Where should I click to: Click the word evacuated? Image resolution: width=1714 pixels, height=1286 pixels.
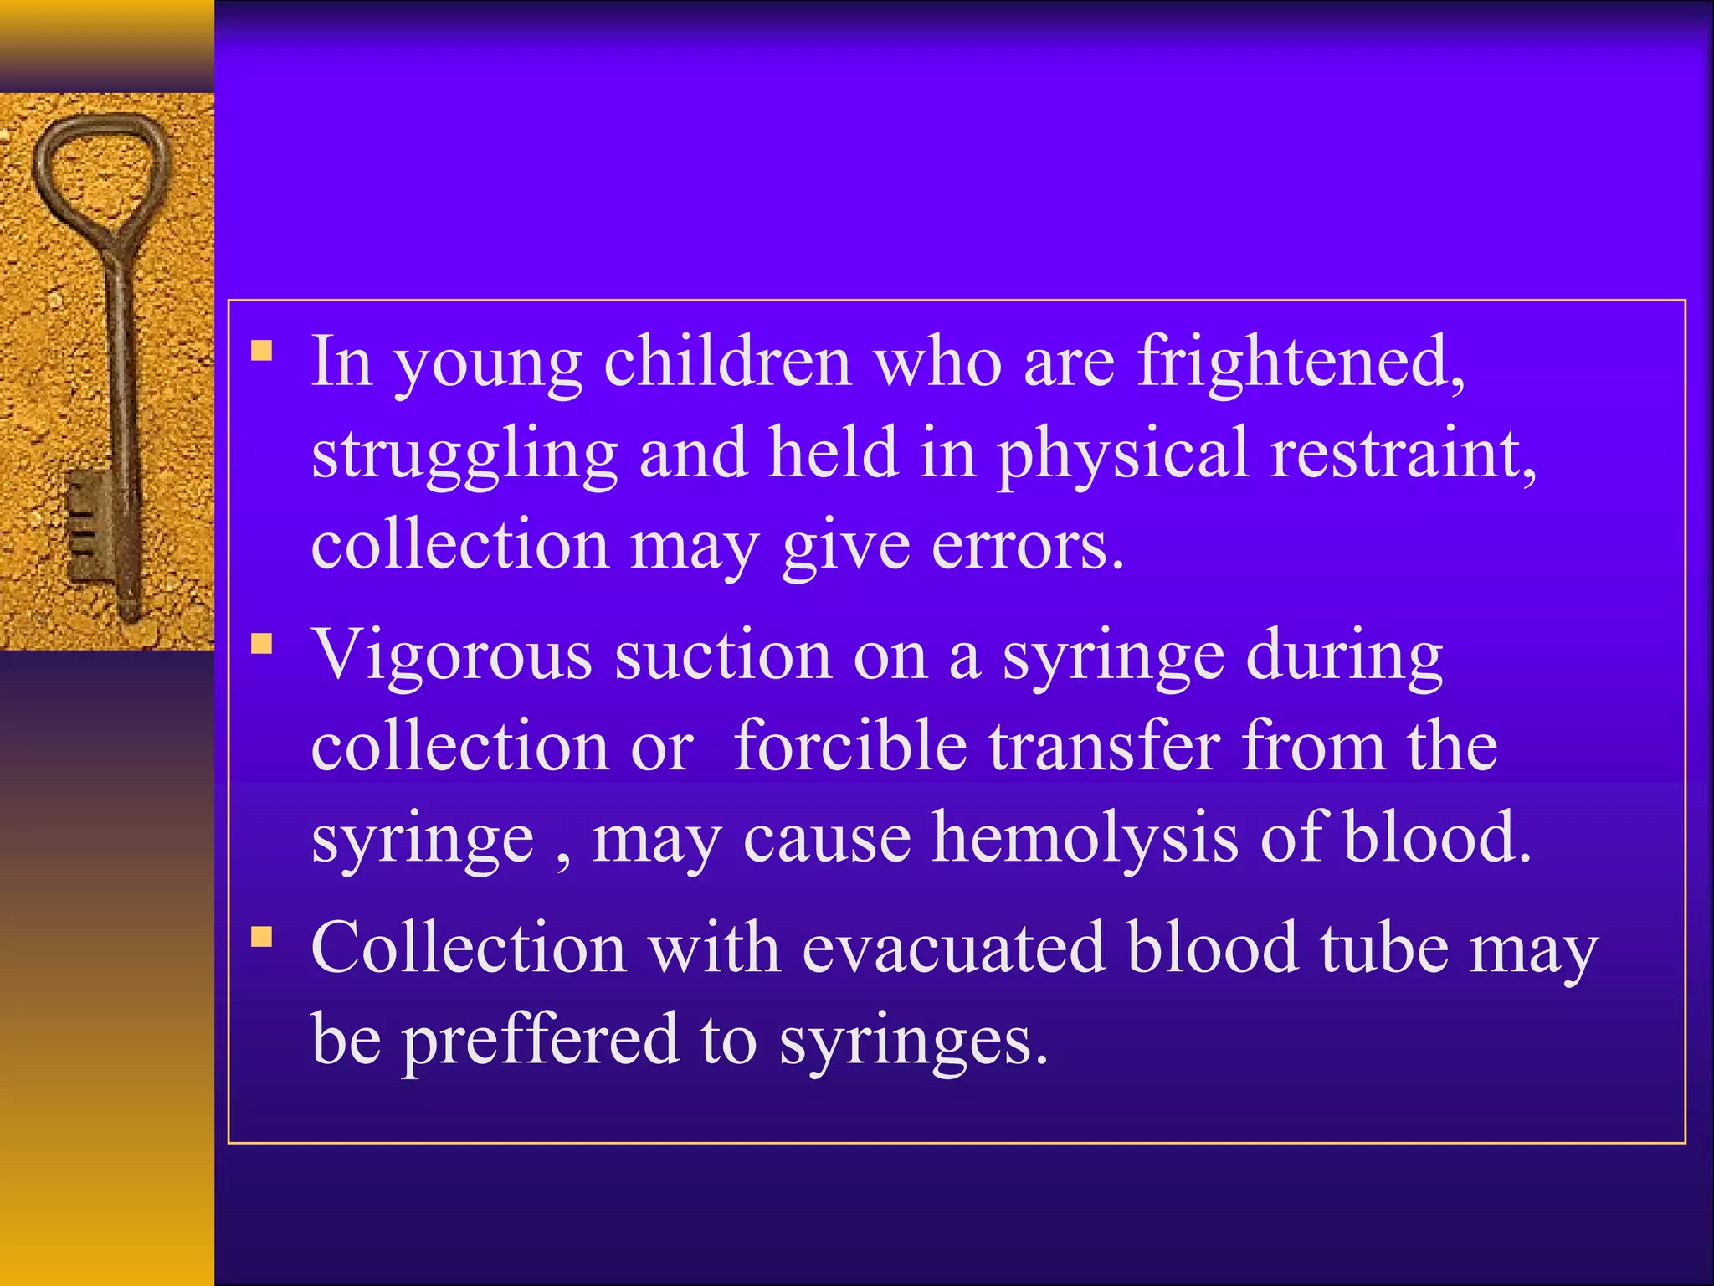pyautogui.click(x=954, y=948)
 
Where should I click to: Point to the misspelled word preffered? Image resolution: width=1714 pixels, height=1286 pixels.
pyautogui.click(x=541, y=1039)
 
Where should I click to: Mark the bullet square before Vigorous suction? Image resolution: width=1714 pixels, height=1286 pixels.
pyautogui.click(x=262, y=643)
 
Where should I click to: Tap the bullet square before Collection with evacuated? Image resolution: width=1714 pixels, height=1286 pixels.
pyautogui.click(x=262, y=935)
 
